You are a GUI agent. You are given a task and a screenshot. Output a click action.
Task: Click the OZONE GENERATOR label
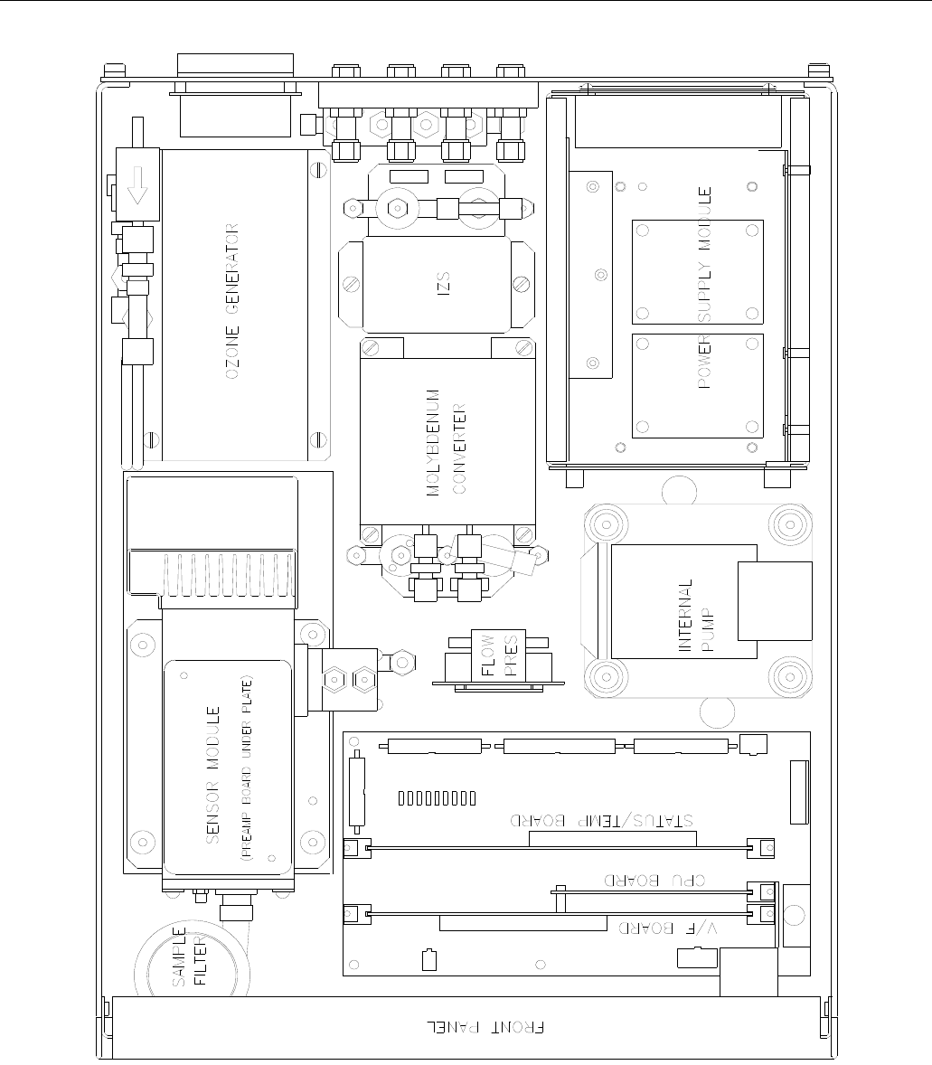coord(232,301)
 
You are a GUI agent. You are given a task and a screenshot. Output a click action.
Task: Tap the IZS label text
coord(444,284)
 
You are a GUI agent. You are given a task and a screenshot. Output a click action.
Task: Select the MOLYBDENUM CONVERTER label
coord(447,442)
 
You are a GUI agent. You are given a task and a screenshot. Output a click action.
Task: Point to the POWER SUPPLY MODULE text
coord(704,287)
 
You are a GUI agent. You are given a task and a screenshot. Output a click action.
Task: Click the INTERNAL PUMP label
coord(696,616)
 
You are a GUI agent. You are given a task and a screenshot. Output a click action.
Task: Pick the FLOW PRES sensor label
coord(499,655)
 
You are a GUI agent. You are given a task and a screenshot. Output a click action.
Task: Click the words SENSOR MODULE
coord(212,775)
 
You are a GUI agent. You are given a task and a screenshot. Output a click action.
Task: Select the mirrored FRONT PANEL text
coord(485,1027)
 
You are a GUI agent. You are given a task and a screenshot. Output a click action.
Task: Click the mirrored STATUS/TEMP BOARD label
coord(602,821)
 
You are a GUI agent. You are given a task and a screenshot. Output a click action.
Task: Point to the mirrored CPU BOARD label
coord(654,881)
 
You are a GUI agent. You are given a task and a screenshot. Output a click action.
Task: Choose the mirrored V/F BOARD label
coord(668,928)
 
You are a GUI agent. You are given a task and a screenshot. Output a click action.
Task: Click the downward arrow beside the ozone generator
coord(137,184)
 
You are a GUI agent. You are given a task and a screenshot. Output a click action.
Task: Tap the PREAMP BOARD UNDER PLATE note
coord(246,768)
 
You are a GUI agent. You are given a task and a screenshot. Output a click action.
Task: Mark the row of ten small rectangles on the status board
coord(437,798)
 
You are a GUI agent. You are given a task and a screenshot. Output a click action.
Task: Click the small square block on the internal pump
coord(775,601)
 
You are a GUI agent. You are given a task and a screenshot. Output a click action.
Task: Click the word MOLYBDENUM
coord(433,442)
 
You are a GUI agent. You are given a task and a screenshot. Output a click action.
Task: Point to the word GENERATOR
coord(232,269)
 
